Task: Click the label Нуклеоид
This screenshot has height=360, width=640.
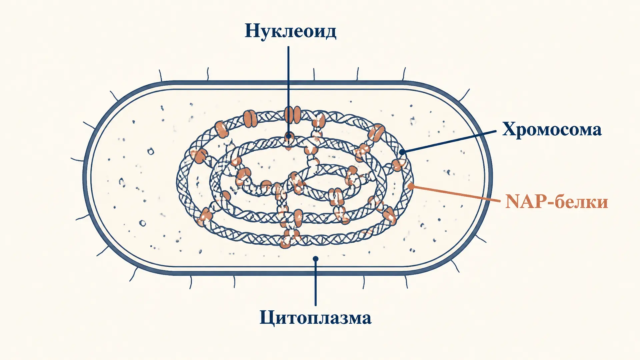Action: [x=290, y=31]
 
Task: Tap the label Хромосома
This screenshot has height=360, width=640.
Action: [x=552, y=129]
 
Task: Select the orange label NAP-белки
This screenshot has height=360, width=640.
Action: [x=557, y=202]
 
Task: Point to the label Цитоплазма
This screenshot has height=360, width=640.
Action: [x=315, y=317]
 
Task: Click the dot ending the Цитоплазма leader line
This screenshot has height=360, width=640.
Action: [x=316, y=259]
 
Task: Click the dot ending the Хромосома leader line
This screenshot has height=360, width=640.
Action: [x=402, y=152]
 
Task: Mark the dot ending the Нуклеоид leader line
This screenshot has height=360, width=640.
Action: [x=289, y=136]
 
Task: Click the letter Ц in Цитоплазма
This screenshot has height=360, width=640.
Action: [x=267, y=318]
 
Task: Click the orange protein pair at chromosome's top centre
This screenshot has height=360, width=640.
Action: [x=292, y=115]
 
